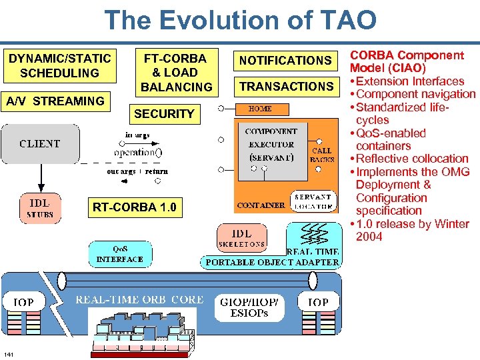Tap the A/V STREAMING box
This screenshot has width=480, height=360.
click(55, 101)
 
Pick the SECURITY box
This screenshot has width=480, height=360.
click(164, 114)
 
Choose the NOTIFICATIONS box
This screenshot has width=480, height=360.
click(285, 61)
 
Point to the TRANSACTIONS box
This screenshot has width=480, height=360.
click(286, 87)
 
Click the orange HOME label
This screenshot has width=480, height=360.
click(259, 109)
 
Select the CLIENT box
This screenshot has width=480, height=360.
click(40, 144)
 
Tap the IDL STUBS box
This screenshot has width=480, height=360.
click(40, 207)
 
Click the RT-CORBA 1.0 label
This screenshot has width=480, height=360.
click(135, 207)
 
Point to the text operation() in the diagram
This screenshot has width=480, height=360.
click(137, 152)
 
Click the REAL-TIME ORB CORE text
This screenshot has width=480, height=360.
click(139, 300)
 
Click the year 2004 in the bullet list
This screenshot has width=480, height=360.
click(369, 237)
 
